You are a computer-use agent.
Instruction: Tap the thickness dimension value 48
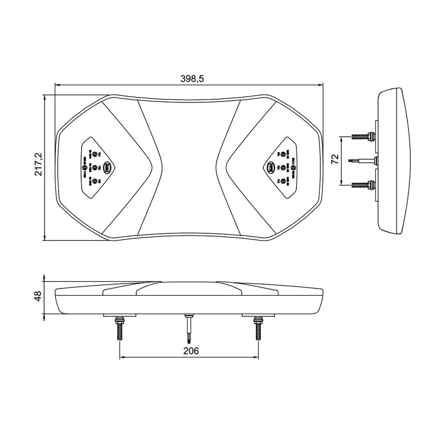[38, 296]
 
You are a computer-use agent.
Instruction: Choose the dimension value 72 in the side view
[334, 160]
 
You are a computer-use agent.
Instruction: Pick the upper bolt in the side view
[363, 137]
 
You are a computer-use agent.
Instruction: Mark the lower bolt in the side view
[363, 185]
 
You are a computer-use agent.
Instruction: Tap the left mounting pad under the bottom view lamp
[119, 315]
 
